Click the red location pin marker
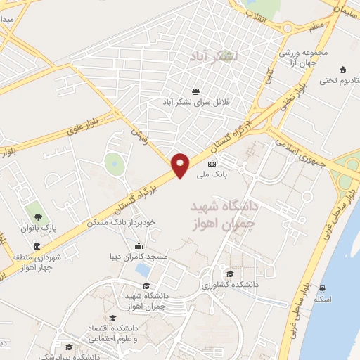[x=181, y=165]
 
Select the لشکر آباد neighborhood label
[x=216, y=55]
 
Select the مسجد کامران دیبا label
[x=140, y=257]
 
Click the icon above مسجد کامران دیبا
[x=139, y=246]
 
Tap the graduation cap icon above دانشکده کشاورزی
[x=229, y=274]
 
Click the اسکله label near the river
[x=323, y=300]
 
